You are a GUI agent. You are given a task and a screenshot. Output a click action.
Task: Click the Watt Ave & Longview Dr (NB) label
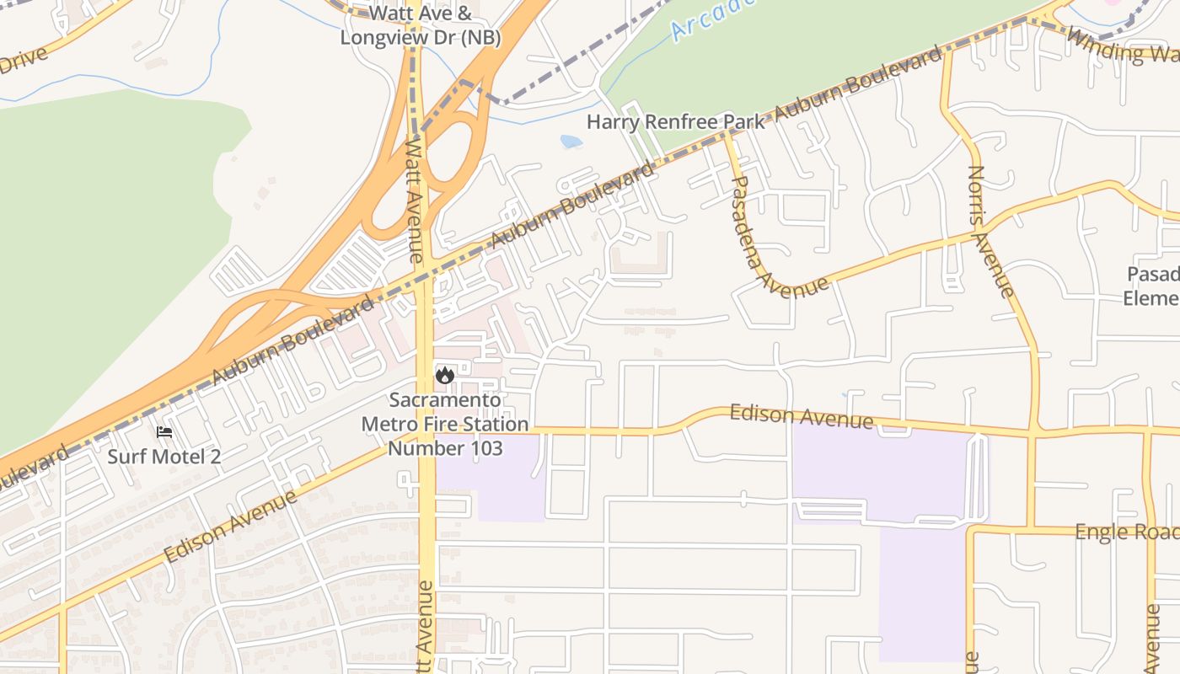[421, 26]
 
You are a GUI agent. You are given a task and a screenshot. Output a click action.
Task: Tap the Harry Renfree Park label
[675, 121]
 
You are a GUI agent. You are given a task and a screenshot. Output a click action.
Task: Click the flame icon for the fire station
[445, 375]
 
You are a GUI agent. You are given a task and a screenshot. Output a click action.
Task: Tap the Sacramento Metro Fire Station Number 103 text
[445, 424]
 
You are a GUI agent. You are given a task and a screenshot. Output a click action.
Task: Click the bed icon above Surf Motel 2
[164, 432]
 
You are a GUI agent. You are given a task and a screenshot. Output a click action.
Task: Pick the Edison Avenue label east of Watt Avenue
[801, 415]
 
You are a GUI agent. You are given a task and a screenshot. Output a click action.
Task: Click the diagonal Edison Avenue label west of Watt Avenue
[231, 527]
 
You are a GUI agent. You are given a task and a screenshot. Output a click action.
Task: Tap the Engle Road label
[1126, 532]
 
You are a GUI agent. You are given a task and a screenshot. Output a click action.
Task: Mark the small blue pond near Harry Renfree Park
[571, 142]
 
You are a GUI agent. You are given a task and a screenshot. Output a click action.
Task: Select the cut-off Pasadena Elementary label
[1152, 286]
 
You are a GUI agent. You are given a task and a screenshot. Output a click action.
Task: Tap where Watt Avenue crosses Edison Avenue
[426, 432]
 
